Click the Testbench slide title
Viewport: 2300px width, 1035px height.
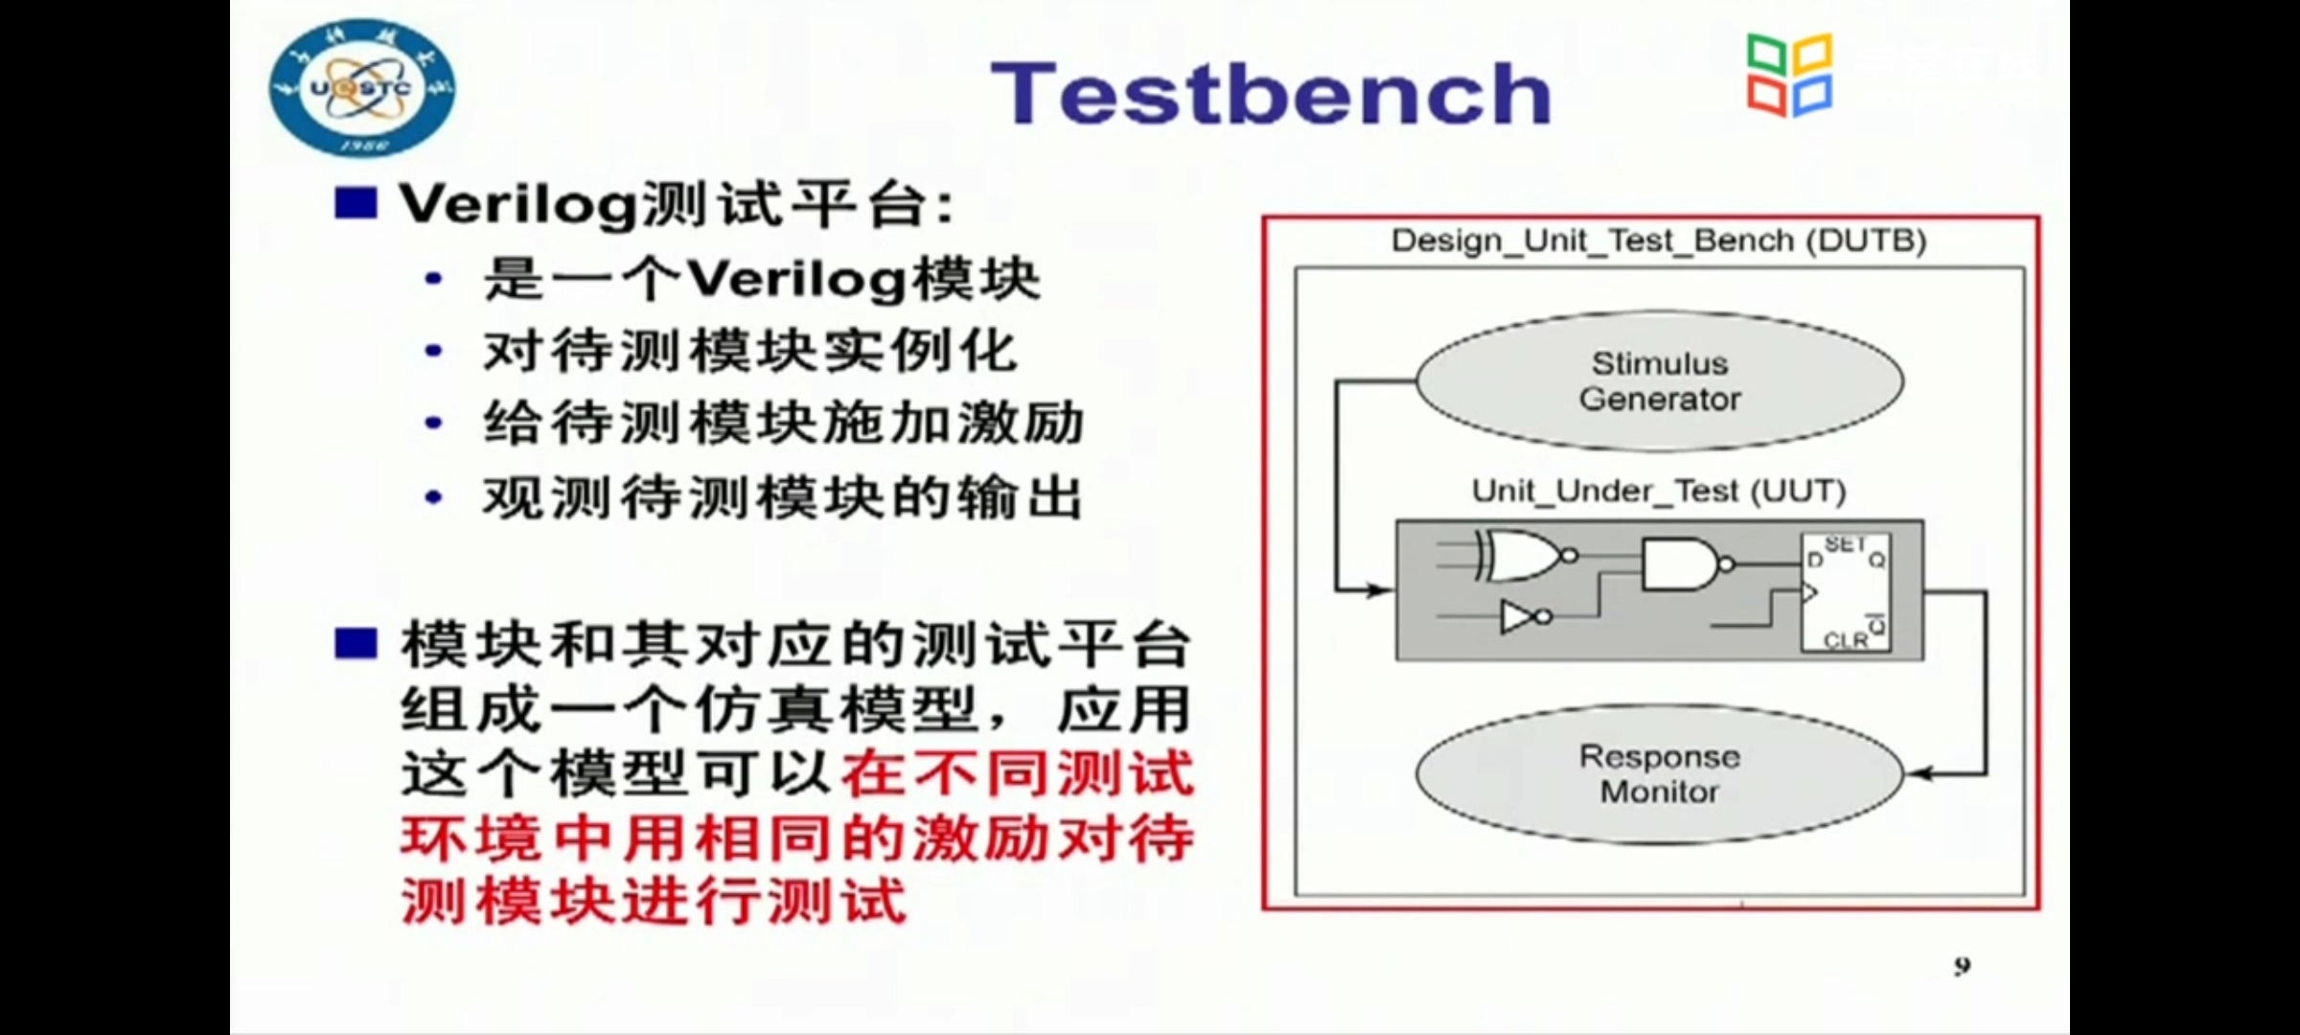click(1271, 94)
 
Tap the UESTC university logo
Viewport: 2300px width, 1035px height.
click(362, 88)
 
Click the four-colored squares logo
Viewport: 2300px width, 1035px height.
click(1789, 76)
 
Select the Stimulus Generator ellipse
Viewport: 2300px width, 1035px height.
click(1660, 381)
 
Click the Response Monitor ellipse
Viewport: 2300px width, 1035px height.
click(1660, 774)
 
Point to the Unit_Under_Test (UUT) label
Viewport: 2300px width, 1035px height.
click(1659, 492)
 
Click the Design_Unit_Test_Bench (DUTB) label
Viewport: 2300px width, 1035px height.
click(1659, 241)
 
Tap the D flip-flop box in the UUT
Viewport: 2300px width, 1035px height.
click(1846, 592)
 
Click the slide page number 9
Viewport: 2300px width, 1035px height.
click(1963, 966)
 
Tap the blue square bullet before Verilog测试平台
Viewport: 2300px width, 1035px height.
click(356, 203)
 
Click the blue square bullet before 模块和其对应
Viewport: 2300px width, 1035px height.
click(356, 643)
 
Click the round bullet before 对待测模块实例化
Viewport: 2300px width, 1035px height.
click(433, 351)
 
